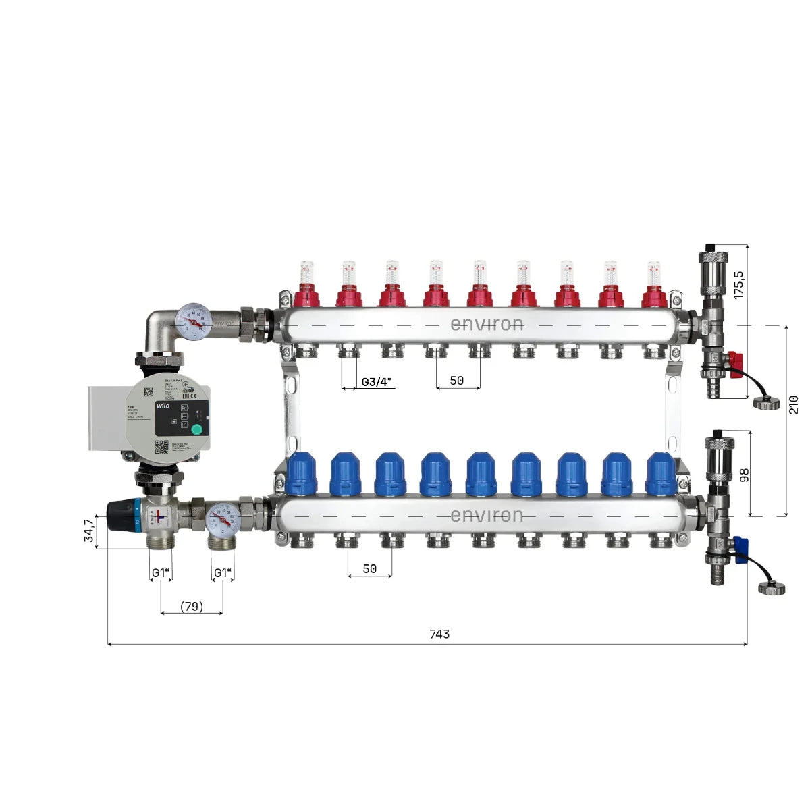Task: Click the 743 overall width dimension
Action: click(439, 634)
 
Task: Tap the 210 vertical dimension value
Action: click(794, 405)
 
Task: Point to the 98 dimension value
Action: click(745, 475)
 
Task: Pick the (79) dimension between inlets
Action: click(192, 606)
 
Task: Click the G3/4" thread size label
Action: click(376, 381)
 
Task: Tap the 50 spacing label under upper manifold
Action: click(457, 381)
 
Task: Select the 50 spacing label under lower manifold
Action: click(369, 569)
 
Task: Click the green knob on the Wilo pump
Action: click(196, 429)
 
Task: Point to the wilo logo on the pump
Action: click(163, 406)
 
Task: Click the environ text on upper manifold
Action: click(487, 325)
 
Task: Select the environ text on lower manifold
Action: click(487, 516)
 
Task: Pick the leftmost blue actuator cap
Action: click(302, 473)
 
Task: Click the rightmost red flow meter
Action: click(653, 287)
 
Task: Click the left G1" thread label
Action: click(161, 573)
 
